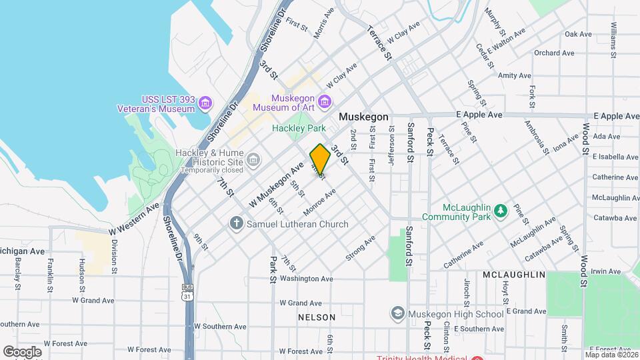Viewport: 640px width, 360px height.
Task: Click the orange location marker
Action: (x=320, y=159)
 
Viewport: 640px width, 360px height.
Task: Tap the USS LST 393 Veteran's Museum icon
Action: (x=205, y=102)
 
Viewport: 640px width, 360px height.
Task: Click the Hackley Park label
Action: (x=299, y=128)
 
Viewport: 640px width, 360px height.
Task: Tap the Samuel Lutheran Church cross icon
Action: (x=235, y=223)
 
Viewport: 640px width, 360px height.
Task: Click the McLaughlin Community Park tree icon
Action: (x=500, y=211)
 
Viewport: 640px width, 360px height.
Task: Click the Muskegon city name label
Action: (x=363, y=117)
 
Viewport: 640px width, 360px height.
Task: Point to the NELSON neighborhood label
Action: (x=317, y=317)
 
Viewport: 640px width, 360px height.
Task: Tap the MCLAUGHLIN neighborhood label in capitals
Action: (x=514, y=275)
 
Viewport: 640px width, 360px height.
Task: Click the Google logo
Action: (x=23, y=351)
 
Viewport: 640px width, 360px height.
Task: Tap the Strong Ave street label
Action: (x=360, y=247)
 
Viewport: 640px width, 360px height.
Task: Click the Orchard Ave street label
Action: (x=554, y=53)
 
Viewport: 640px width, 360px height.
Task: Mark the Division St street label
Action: (x=114, y=257)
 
